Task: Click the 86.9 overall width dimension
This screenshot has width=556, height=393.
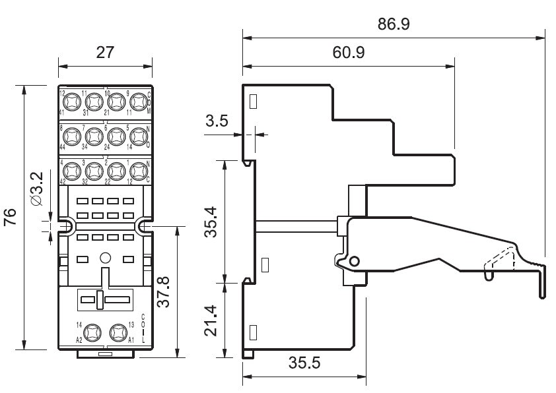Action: [x=394, y=24]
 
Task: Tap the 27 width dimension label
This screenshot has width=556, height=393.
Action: [x=105, y=53]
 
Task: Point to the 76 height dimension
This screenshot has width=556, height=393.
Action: [x=11, y=217]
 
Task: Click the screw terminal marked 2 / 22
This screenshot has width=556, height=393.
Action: [x=116, y=171]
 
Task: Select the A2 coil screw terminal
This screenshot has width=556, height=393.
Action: [x=92, y=332]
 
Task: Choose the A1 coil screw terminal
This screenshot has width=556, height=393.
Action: [x=118, y=332]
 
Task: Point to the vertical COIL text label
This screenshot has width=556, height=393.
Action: [x=143, y=326]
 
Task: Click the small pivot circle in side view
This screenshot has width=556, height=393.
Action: [x=354, y=262]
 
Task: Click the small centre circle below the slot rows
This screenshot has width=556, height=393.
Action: [x=104, y=258]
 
